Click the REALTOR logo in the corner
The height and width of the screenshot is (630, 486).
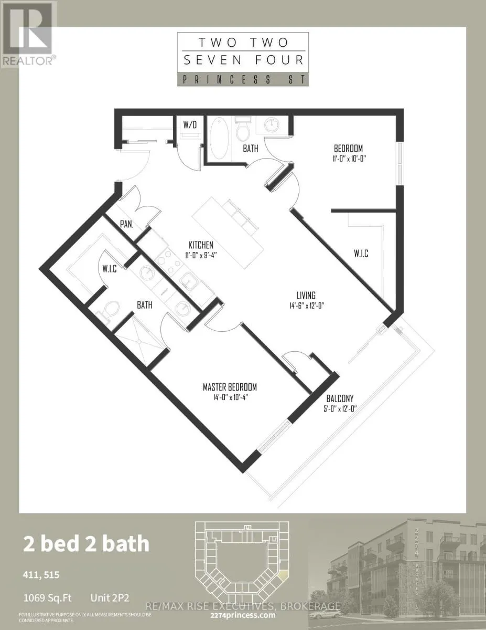point(27,35)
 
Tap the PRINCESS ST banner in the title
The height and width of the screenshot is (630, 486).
point(243,79)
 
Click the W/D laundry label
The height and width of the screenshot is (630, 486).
point(189,125)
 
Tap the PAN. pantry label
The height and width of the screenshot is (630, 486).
point(126,223)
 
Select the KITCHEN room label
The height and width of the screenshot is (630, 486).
point(201,245)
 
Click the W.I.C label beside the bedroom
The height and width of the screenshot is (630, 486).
point(361,254)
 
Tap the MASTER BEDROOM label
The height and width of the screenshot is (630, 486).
point(230,387)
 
